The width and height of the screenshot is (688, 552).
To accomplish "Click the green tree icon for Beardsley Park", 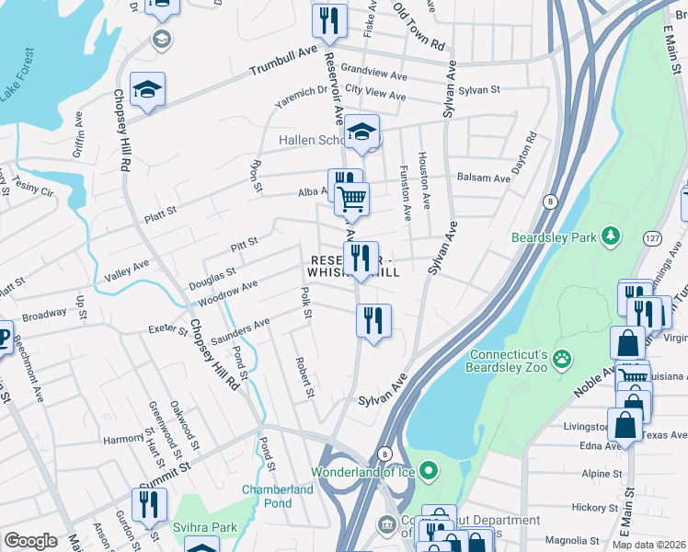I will tap(609, 237).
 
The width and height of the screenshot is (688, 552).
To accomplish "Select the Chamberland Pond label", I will tap(279, 496).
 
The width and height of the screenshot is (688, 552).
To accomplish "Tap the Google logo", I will tap(30, 541).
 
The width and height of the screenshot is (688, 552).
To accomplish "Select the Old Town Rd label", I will tap(419, 32).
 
